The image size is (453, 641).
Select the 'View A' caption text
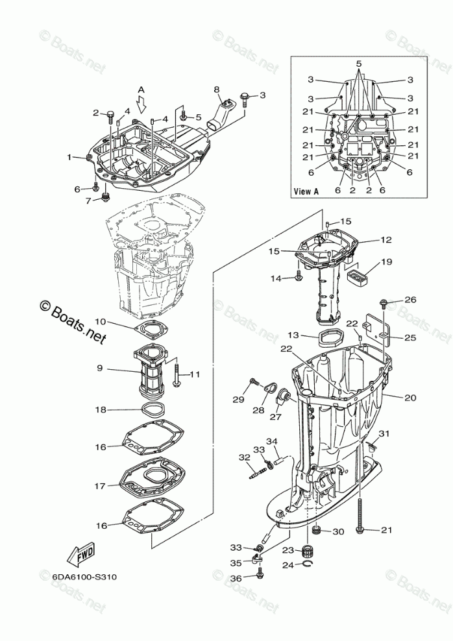coord(306,191)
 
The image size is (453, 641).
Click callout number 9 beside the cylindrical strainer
coord(100,369)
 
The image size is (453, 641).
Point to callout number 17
coord(100,485)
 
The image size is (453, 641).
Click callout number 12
coord(386,239)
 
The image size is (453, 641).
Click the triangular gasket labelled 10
coord(153,329)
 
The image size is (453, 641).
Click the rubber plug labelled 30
coord(318,531)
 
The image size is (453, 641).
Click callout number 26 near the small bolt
coord(410,299)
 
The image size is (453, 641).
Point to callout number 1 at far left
coord(69,157)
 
